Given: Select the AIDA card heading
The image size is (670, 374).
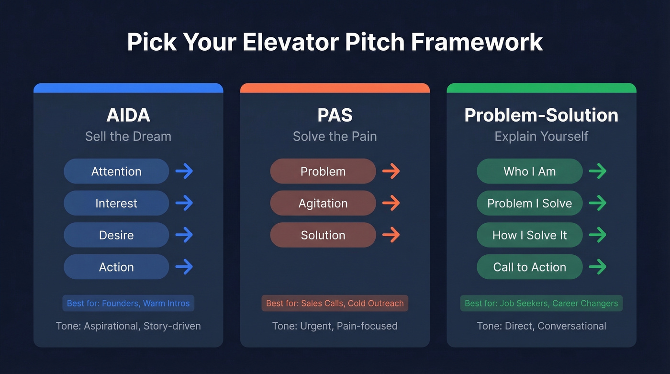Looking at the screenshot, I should (x=128, y=115).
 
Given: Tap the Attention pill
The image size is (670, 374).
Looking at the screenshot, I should (x=116, y=171).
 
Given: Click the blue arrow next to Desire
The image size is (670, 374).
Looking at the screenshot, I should (x=184, y=235).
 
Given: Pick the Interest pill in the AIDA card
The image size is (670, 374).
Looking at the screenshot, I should (x=116, y=203).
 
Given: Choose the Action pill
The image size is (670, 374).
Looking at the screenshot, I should (x=116, y=267).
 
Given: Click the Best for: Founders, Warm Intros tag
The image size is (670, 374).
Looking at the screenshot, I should (x=128, y=303).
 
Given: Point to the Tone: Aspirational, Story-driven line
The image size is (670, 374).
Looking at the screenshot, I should (x=128, y=326).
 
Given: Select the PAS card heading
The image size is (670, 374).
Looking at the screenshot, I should (x=335, y=115).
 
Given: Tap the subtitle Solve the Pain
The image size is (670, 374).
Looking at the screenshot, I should (x=335, y=136).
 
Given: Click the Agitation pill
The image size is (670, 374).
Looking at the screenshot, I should (x=323, y=203).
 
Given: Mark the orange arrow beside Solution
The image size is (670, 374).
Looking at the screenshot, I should (x=391, y=235).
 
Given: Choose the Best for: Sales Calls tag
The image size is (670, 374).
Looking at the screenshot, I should (x=335, y=303).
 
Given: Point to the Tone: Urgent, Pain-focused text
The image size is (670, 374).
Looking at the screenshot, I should (x=335, y=326).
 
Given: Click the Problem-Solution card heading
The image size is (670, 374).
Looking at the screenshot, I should (x=541, y=115).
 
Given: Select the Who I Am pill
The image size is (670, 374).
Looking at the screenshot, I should (x=530, y=171).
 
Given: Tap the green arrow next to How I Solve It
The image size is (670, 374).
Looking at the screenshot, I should (x=597, y=235).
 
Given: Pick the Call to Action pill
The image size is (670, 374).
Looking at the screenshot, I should (x=530, y=267).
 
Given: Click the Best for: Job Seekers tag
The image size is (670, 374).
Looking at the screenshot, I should (x=541, y=303).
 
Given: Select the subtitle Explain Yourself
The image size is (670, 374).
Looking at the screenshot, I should (x=541, y=136).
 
